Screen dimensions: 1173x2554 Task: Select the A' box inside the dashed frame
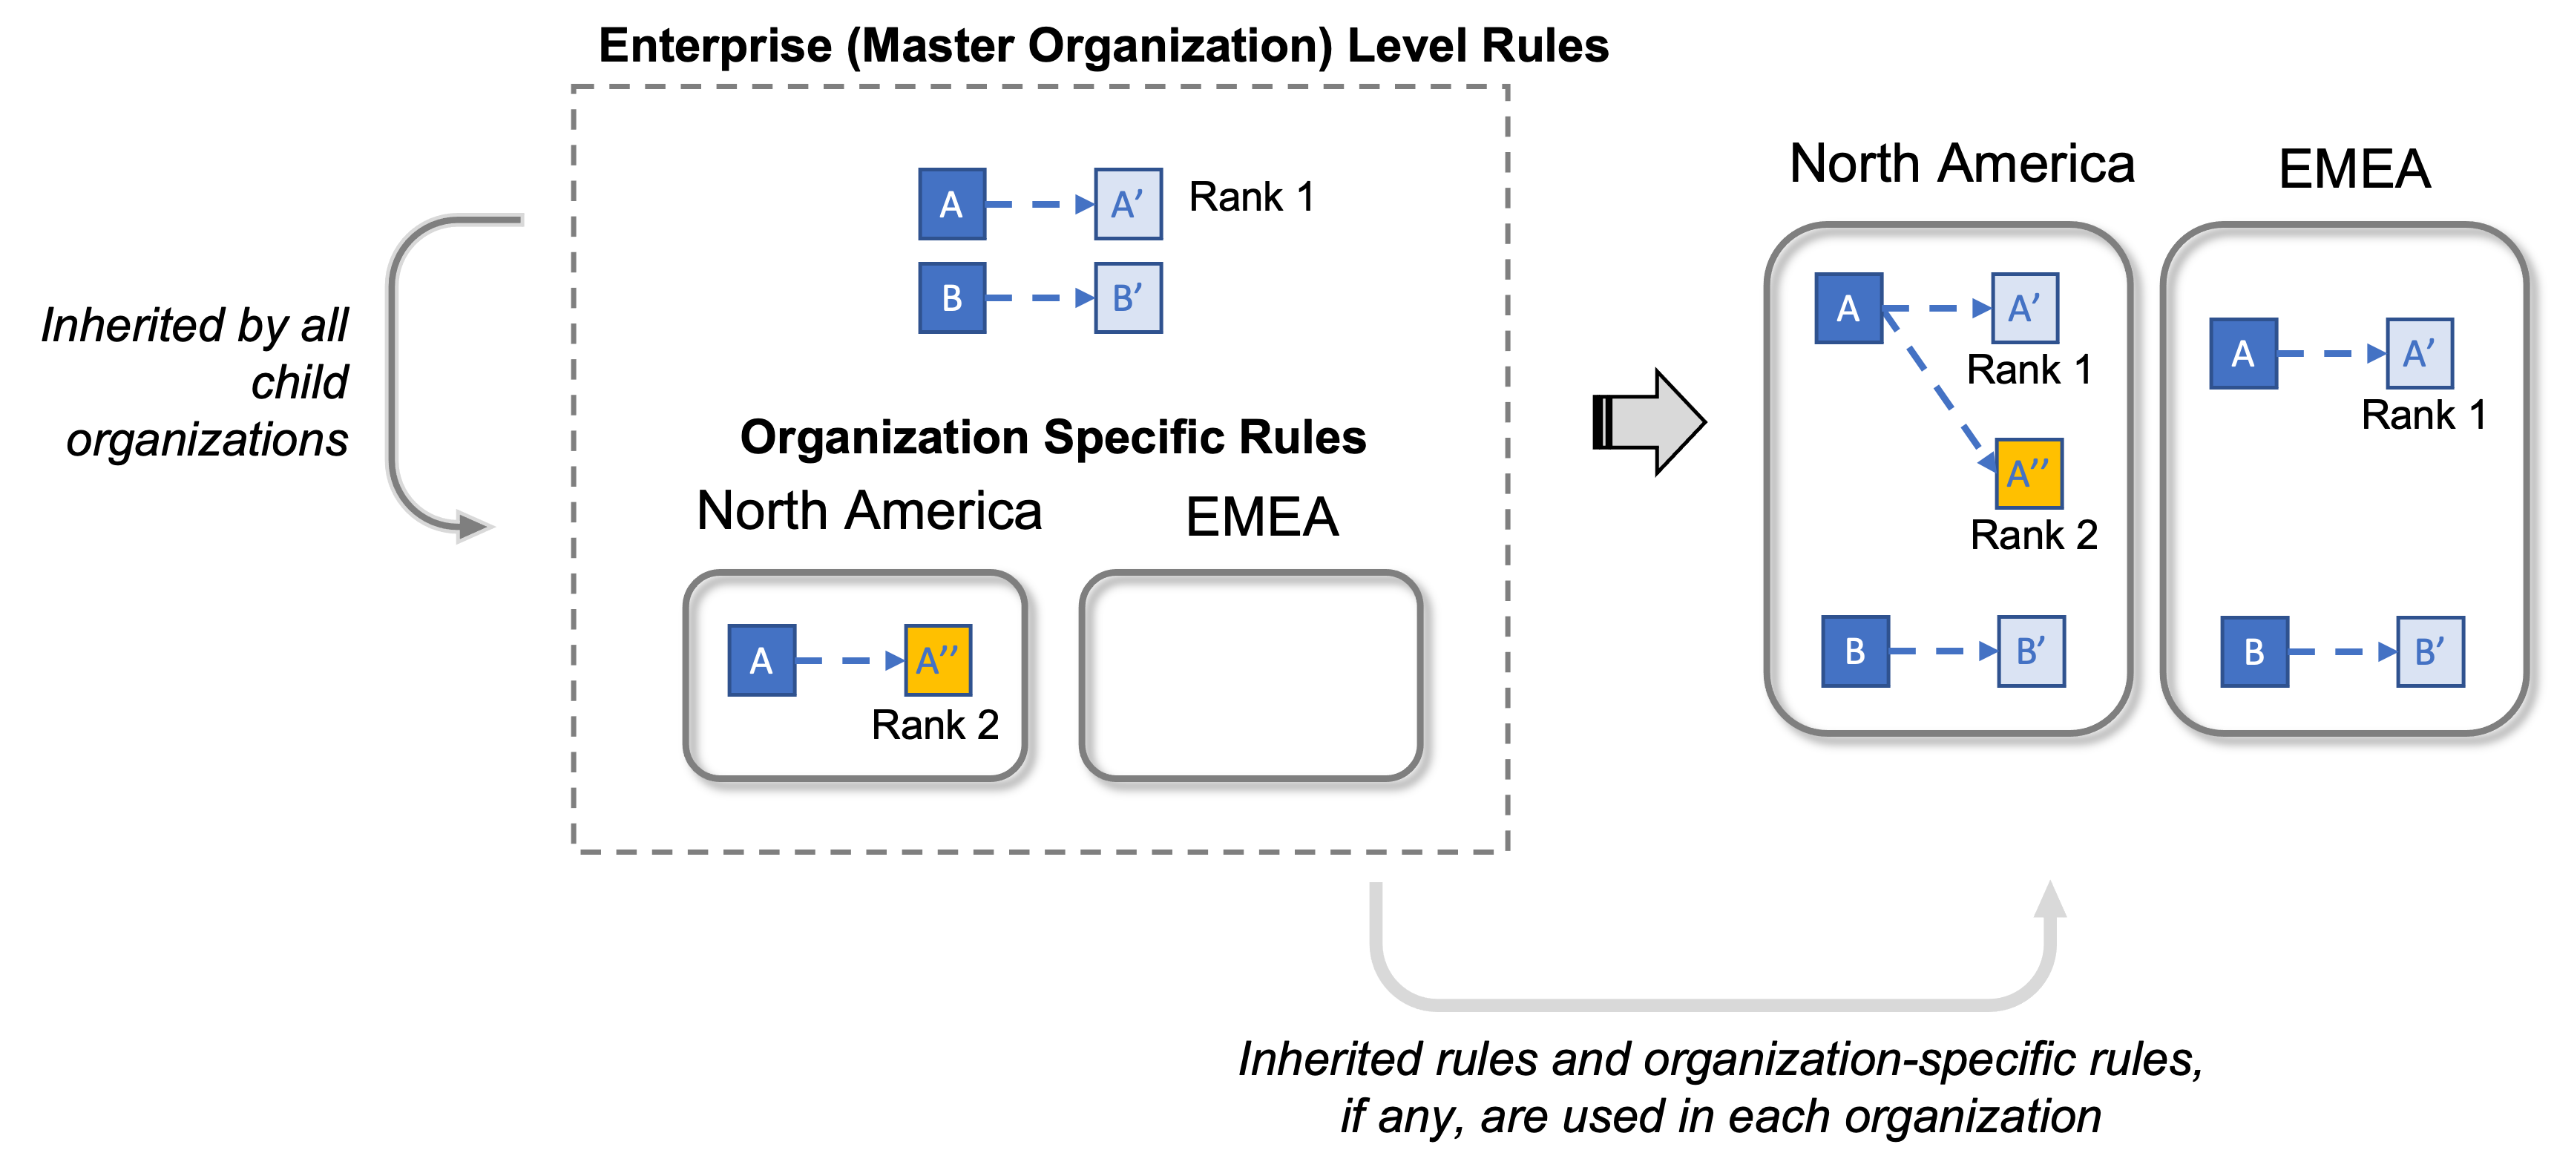coord(1127,204)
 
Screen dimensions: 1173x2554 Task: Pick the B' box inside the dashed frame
coord(1127,298)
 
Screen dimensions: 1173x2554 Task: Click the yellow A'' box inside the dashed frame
coord(938,660)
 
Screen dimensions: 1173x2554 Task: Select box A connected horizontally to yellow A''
coord(761,660)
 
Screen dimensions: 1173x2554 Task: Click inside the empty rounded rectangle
coord(1250,675)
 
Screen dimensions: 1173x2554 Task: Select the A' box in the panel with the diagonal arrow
coord(2024,309)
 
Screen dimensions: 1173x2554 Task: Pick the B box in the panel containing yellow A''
coord(1855,651)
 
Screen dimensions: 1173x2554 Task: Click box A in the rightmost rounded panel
coord(2242,353)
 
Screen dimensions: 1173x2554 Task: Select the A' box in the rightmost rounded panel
coord(2419,353)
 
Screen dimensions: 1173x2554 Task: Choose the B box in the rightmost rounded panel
coord(2253,652)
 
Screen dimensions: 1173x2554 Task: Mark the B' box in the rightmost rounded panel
coord(2430,652)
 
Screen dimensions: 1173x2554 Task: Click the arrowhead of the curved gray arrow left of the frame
coord(474,527)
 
